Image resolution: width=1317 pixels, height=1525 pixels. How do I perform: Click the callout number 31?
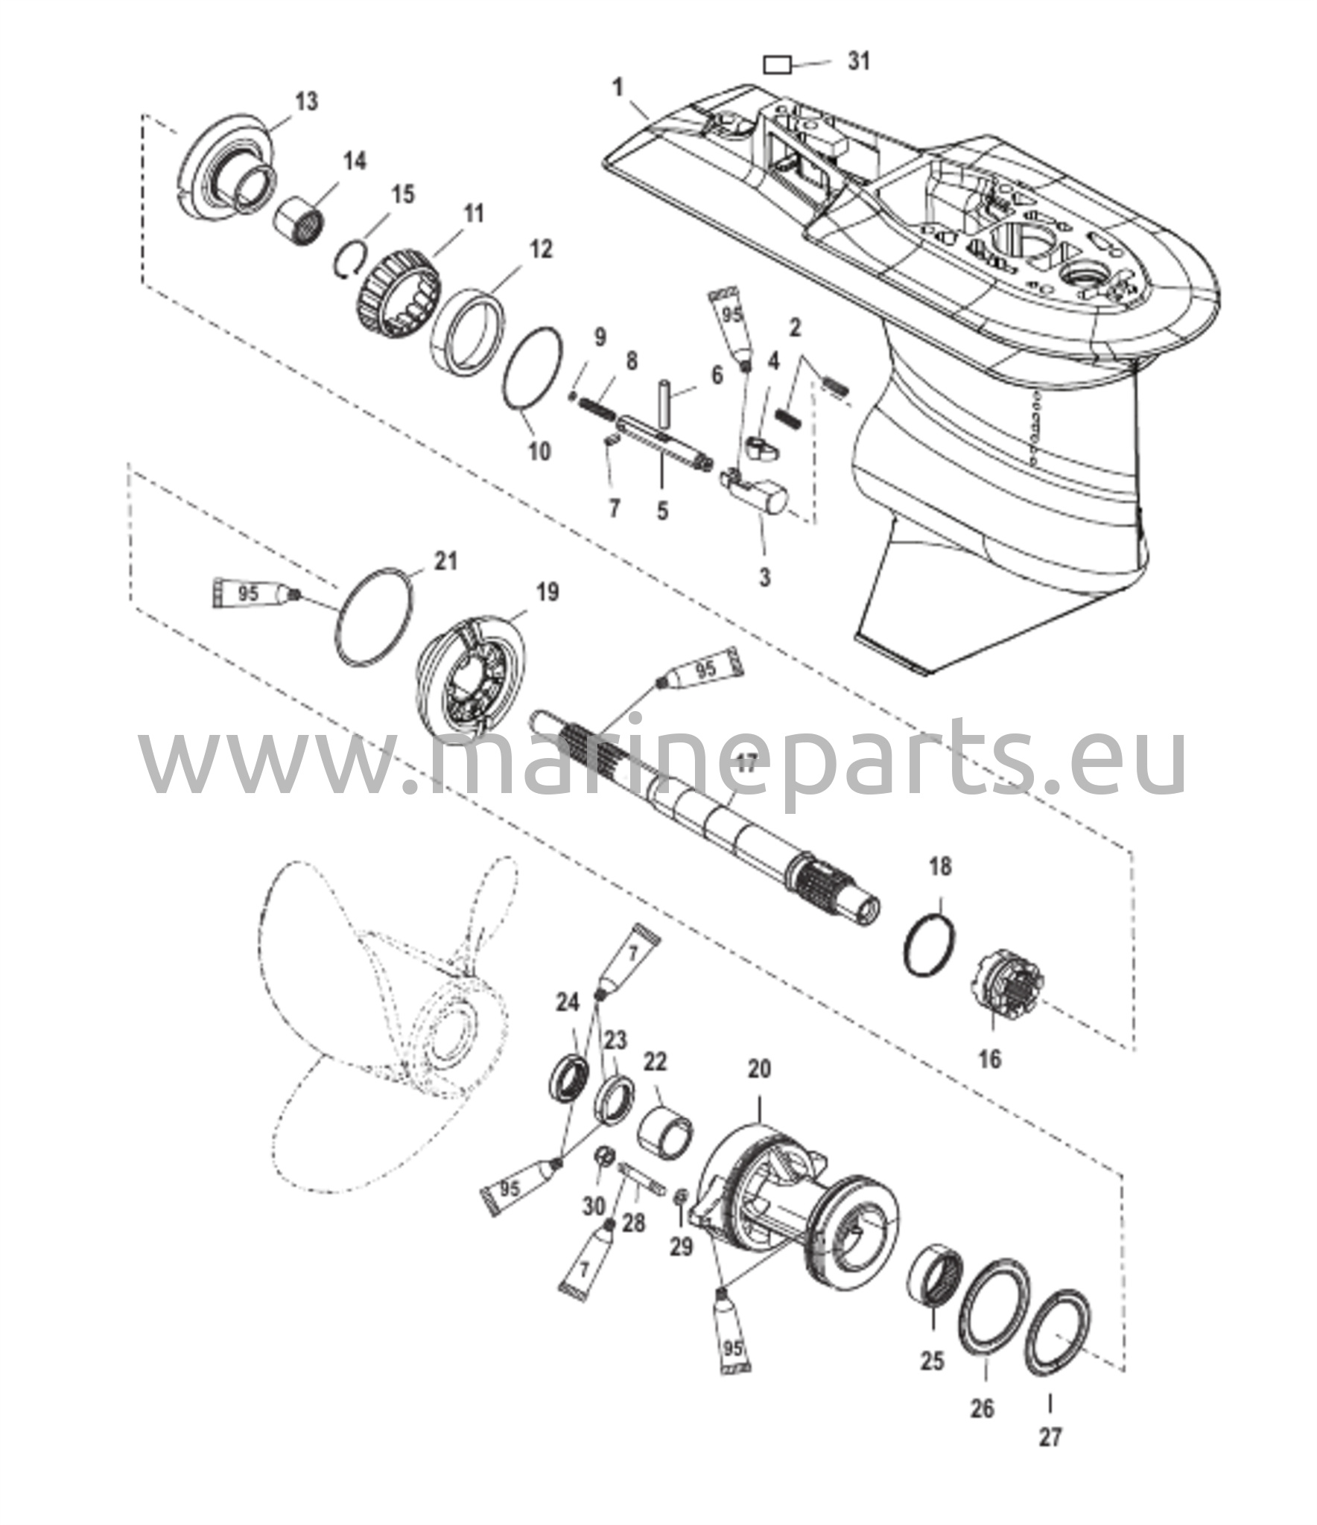click(859, 60)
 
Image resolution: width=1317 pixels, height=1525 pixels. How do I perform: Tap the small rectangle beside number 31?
click(777, 66)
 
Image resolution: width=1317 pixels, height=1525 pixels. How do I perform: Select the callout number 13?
click(306, 101)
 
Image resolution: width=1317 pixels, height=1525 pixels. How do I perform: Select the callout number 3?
click(764, 577)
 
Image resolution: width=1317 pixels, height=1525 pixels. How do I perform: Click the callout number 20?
click(759, 1070)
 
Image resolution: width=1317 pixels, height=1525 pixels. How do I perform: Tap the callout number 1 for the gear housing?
click(618, 88)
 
